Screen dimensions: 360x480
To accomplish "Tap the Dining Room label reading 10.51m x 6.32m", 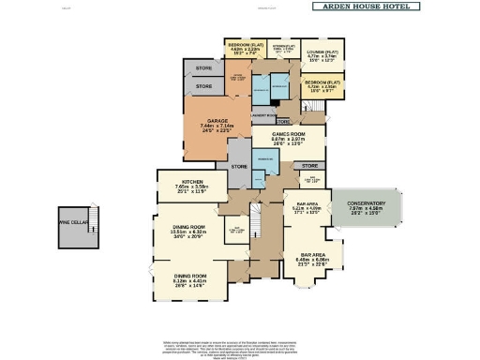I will pyautogui.click(x=194, y=228).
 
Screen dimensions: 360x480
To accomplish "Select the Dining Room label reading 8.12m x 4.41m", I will pyautogui.click(x=194, y=276).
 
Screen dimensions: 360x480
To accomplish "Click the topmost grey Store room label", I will pyautogui.click(x=203, y=67).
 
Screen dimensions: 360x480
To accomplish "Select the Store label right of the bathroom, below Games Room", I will pyautogui.click(x=310, y=165).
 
